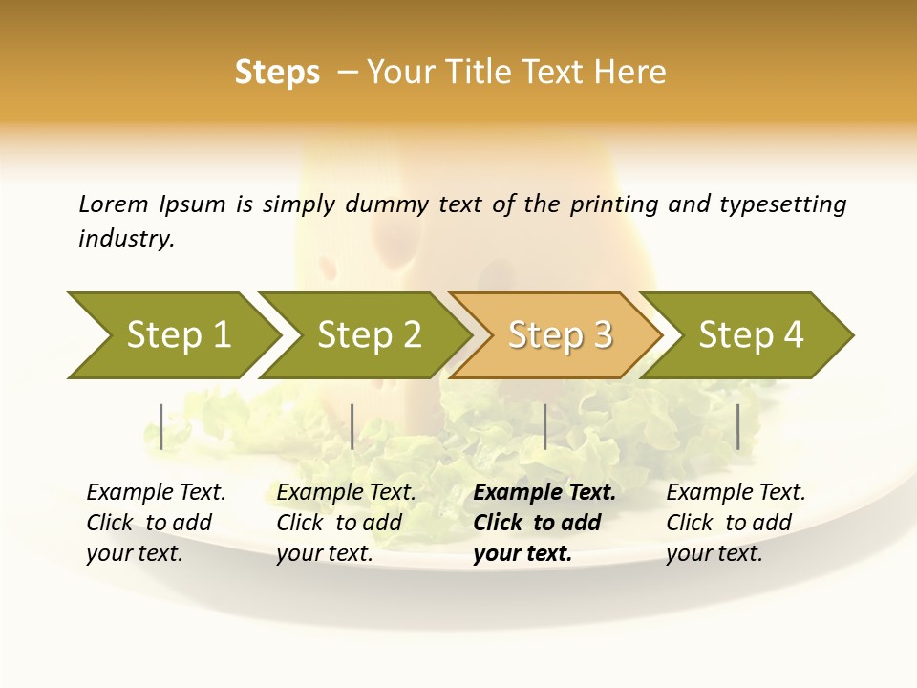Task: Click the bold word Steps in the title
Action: point(277,73)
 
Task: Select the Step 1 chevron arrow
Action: point(172,334)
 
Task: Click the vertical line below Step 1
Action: point(161,426)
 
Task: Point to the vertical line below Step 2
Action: point(352,426)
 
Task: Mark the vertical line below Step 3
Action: point(544,426)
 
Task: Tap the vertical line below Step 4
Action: point(738,426)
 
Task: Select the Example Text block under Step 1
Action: point(156,523)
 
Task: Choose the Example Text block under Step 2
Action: point(346,523)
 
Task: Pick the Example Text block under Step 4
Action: point(736,523)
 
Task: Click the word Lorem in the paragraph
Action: point(114,204)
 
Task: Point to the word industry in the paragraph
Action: point(126,239)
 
